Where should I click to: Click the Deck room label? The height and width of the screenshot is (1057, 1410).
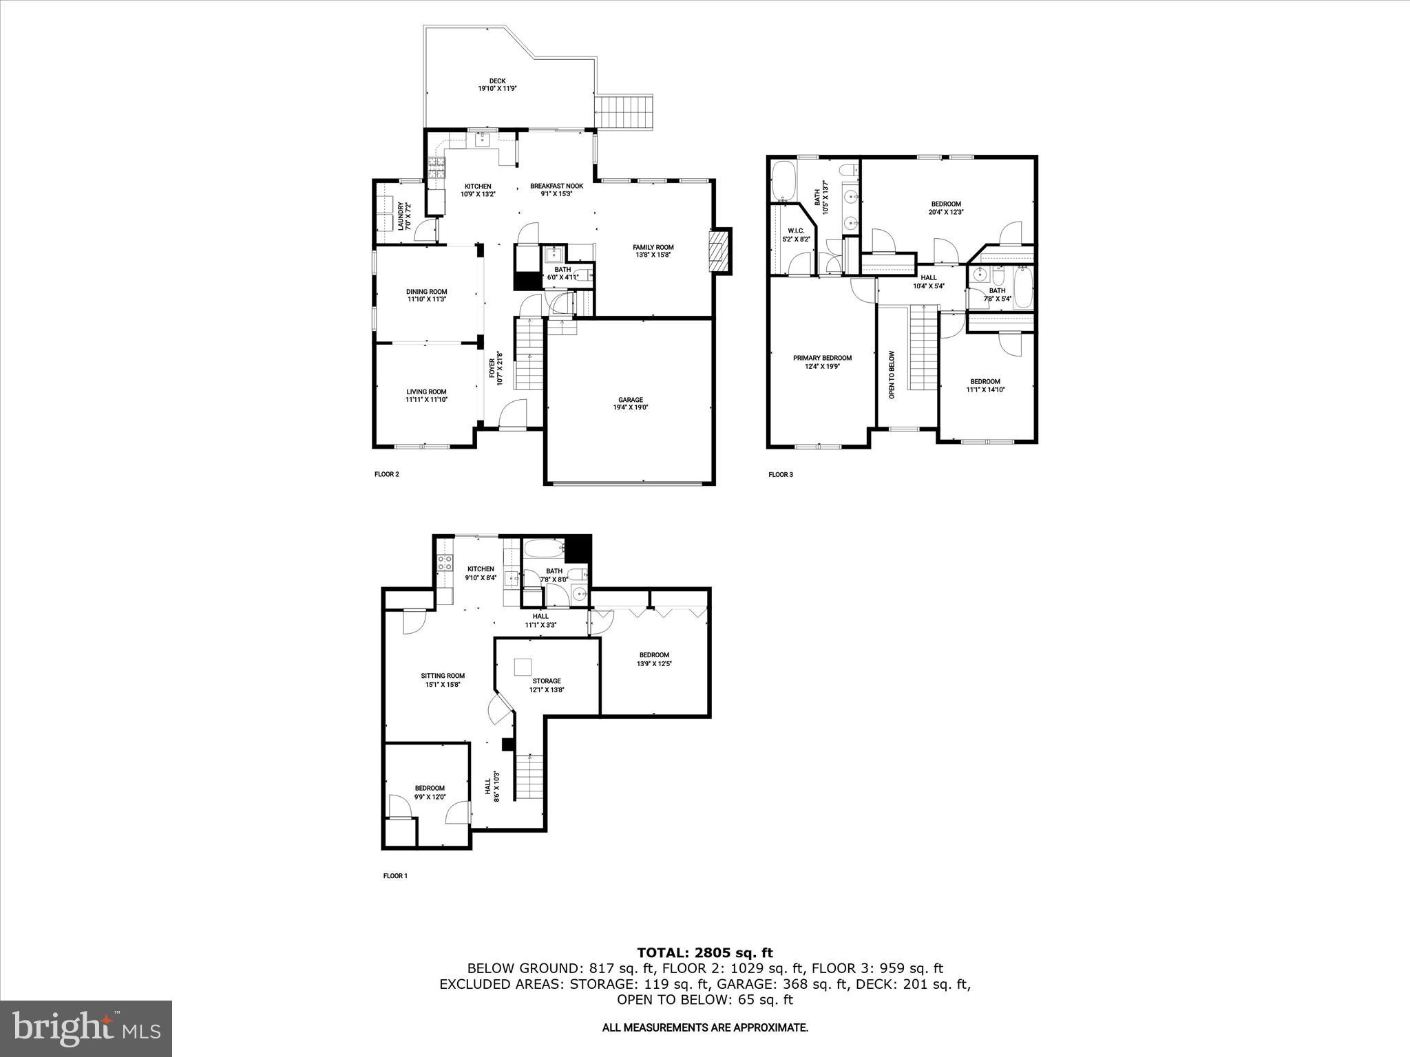click(x=497, y=81)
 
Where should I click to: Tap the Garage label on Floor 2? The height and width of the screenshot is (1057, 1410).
click(x=630, y=400)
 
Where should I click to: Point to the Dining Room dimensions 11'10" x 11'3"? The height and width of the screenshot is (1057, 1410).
click(x=426, y=299)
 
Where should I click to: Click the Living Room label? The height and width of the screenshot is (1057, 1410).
click(x=426, y=392)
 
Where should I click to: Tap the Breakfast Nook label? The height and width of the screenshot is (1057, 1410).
click(x=556, y=186)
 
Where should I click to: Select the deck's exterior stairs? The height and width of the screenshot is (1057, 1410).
click(x=624, y=113)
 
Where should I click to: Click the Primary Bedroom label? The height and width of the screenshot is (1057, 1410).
click(x=822, y=358)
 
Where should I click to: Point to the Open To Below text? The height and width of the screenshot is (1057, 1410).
click(x=891, y=375)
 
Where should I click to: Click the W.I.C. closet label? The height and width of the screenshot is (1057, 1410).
click(x=796, y=231)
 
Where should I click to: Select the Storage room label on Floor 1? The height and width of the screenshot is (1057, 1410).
click(x=546, y=681)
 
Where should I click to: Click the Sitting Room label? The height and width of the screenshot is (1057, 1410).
click(x=443, y=676)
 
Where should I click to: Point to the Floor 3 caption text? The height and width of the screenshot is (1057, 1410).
click(x=781, y=474)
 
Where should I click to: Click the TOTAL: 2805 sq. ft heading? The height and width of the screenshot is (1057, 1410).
click(x=704, y=953)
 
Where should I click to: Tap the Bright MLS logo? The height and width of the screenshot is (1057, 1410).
click(x=86, y=1029)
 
